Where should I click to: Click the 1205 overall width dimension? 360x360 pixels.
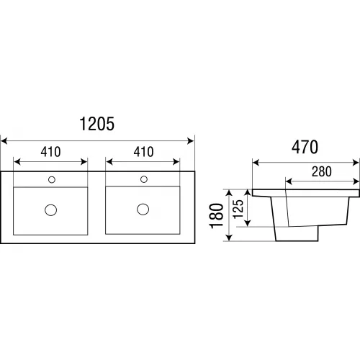tap(96, 124)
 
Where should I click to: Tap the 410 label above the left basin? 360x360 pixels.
tap(50, 152)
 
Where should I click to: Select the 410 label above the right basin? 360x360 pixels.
tap(143, 152)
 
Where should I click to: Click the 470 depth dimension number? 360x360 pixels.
tap(305, 147)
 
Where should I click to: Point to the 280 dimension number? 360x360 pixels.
tap(322, 171)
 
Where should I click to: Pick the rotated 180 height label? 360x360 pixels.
tap(217, 216)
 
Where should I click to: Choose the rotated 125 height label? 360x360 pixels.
tap(238, 209)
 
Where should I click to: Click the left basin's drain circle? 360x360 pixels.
tap(51, 210)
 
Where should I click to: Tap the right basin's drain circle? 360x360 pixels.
tap(143, 209)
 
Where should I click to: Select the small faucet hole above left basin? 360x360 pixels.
tap(52, 179)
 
